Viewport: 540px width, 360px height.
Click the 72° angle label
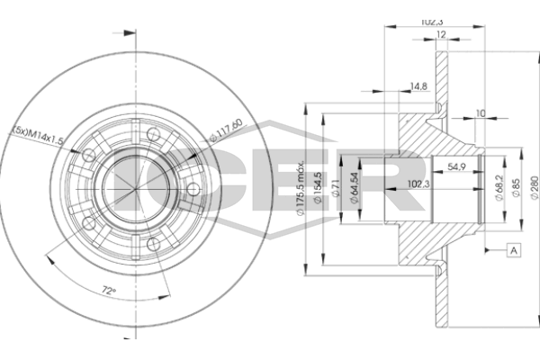click(x=109, y=291)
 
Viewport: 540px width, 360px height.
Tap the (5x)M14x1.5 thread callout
click(x=38, y=135)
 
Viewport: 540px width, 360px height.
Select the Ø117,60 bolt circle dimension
click(x=227, y=130)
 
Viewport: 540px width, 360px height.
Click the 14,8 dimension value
click(x=418, y=86)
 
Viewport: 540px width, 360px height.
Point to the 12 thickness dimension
click(x=441, y=34)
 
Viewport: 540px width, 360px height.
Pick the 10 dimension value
click(x=481, y=113)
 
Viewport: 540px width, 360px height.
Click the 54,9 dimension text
click(x=456, y=166)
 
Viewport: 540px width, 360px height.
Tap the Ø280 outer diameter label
click(x=534, y=187)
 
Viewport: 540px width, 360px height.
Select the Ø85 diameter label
click(x=516, y=187)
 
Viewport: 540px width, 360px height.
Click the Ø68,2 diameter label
click(x=499, y=187)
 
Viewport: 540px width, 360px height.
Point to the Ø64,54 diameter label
click(x=355, y=187)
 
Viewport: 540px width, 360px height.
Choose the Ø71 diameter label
click(x=336, y=188)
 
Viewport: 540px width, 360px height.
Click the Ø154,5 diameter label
click(x=318, y=187)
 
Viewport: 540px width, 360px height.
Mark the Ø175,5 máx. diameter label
click(x=301, y=187)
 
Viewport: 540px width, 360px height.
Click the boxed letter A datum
click(x=514, y=250)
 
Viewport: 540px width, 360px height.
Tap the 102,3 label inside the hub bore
click(x=418, y=184)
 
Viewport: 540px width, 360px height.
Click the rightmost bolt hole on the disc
click(x=193, y=189)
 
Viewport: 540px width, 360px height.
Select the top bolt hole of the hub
click(x=153, y=134)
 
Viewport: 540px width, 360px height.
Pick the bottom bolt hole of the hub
click(x=154, y=244)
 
